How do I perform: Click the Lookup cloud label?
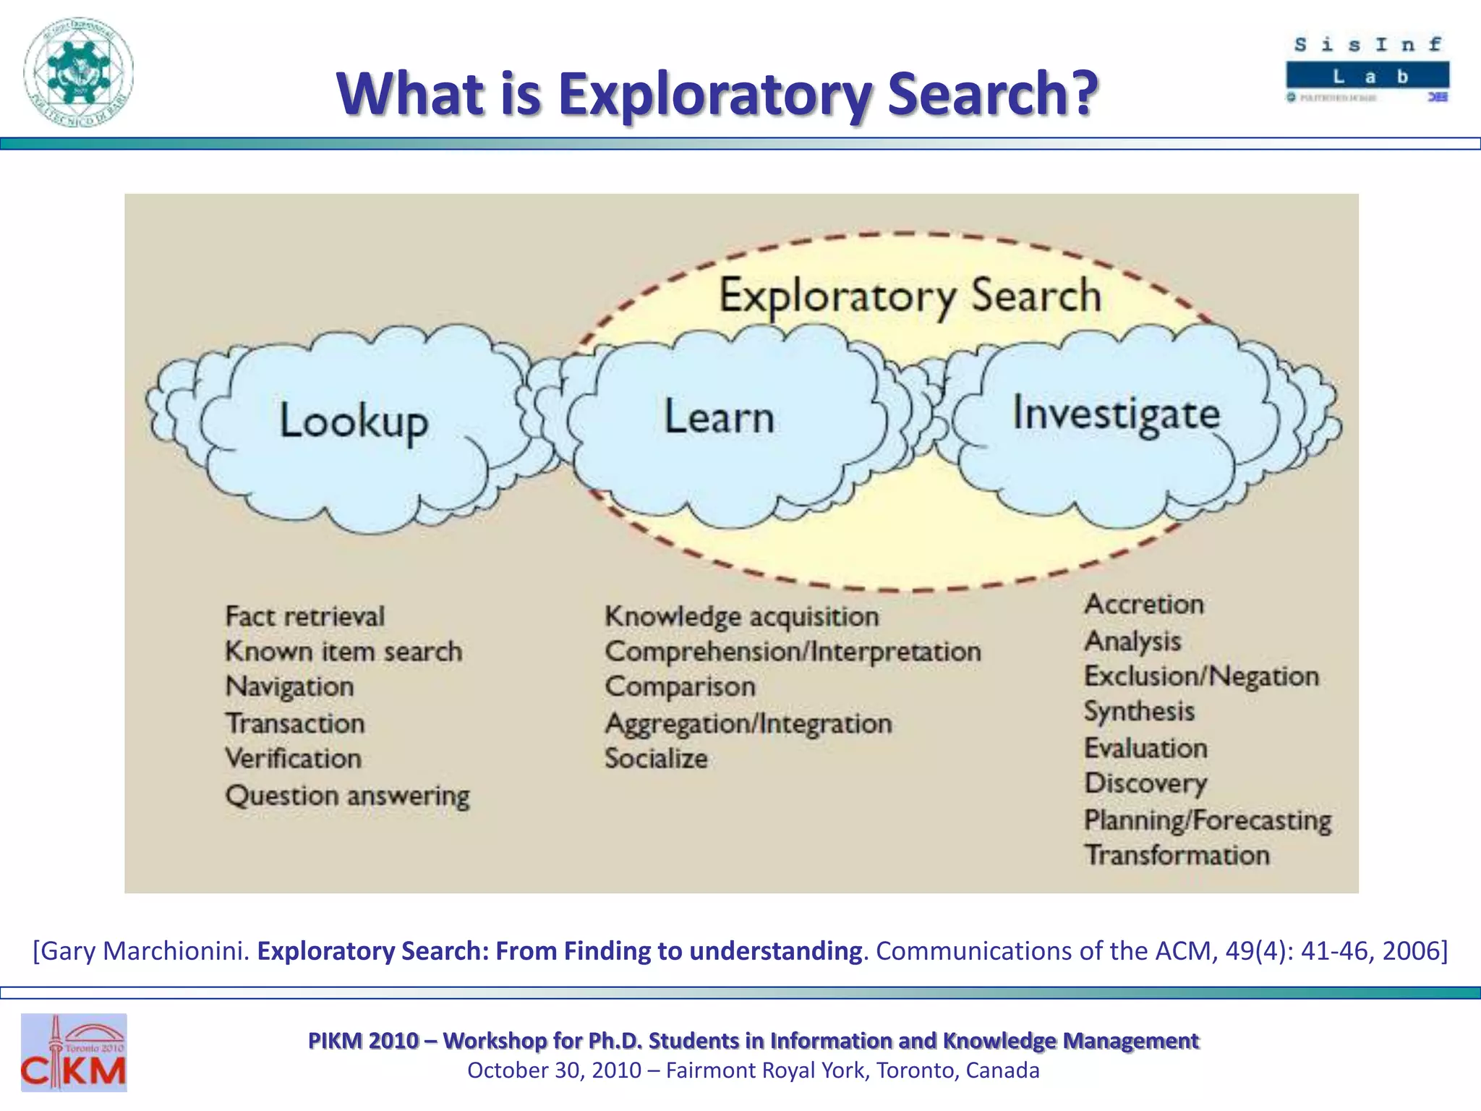[x=354, y=421]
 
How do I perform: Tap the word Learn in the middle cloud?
[x=719, y=417]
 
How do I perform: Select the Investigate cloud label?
[x=1116, y=414]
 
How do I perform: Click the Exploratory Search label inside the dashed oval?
[x=910, y=296]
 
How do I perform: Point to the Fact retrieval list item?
[x=304, y=617]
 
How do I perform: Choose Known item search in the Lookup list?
[x=343, y=652]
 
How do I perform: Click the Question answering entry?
[x=347, y=796]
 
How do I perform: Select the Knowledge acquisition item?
[x=742, y=617]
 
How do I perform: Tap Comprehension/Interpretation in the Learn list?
[x=793, y=652]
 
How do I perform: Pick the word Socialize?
[x=656, y=759]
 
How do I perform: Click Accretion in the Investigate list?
[x=1144, y=605]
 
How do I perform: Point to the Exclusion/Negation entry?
[x=1201, y=676]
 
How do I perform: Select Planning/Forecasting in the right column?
[x=1207, y=820]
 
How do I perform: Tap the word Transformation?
[x=1177, y=856]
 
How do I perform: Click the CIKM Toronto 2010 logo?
[x=74, y=1052]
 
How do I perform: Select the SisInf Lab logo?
[x=1367, y=69]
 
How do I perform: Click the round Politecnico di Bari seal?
[x=79, y=72]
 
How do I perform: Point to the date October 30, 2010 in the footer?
[x=554, y=1070]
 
